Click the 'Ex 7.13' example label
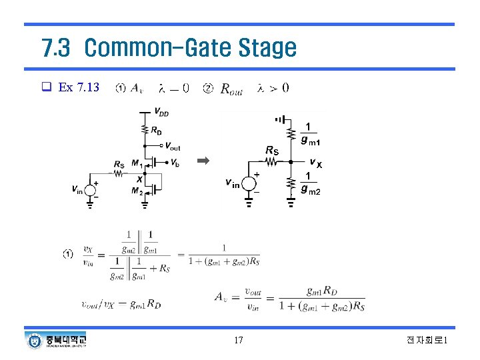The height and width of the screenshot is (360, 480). point(79,87)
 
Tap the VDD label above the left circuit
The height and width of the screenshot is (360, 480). point(161,111)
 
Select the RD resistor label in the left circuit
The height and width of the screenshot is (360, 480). point(155,131)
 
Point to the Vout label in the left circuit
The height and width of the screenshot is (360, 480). point(173,147)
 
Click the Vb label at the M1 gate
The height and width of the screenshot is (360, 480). point(173,163)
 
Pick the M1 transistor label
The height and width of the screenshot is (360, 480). point(137,164)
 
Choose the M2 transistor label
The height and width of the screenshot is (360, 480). point(137,191)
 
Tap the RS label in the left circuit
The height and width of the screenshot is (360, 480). point(119,164)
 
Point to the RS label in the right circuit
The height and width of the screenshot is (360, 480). point(272,151)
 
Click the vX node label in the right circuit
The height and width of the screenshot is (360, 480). point(315,163)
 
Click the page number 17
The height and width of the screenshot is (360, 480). point(239,341)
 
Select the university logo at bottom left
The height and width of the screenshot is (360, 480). point(57,340)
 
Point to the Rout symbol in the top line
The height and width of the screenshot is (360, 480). point(231,88)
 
